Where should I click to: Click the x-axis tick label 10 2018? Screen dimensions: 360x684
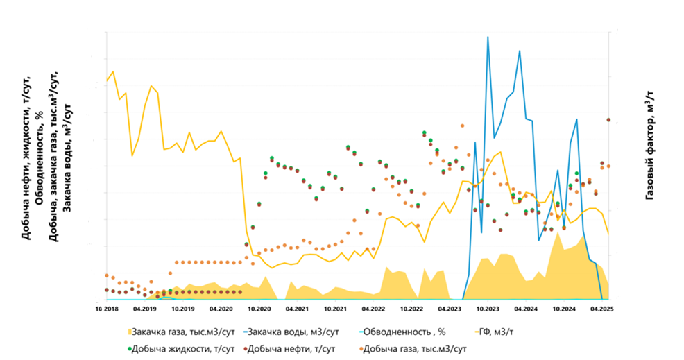pyautogui.click(x=106, y=310)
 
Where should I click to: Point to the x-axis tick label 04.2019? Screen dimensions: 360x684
pyautogui.click(x=144, y=310)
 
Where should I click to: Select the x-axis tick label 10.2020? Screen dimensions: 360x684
pyautogui.click(x=259, y=310)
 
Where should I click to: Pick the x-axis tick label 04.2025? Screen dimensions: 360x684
pyautogui.click(x=601, y=310)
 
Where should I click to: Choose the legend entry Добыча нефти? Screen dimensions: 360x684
pyautogui.click(x=293, y=348)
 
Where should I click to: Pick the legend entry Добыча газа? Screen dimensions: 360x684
pyautogui.click(x=413, y=348)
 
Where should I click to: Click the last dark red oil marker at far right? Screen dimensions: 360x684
pyautogui.click(x=608, y=120)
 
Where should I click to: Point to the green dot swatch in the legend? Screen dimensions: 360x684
pyautogui.click(x=131, y=348)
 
